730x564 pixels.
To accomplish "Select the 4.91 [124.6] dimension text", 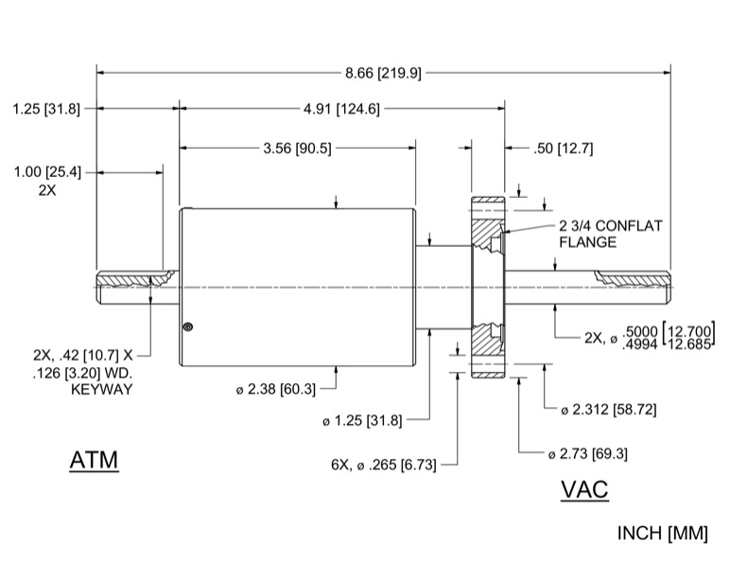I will pos(341,109).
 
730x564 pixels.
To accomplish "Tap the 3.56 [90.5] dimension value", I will pos(297,148).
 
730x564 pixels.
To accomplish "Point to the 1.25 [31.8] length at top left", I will pos(46,109).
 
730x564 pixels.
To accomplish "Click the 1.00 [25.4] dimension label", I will pos(47,172).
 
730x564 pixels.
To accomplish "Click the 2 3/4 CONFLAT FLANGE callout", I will pos(611,234).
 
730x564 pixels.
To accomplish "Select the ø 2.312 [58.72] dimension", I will pos(608,409).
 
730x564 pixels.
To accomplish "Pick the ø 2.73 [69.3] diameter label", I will pos(595,454).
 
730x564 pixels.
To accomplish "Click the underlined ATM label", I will pos(94,461).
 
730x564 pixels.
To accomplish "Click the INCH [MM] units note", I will pos(662,534).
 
